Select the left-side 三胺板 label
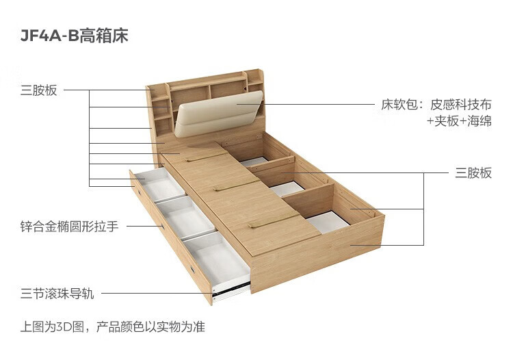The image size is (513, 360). (39, 90)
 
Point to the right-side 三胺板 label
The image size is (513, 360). (474, 173)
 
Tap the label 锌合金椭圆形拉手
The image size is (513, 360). (69, 226)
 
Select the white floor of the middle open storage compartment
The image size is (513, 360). (288, 187)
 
